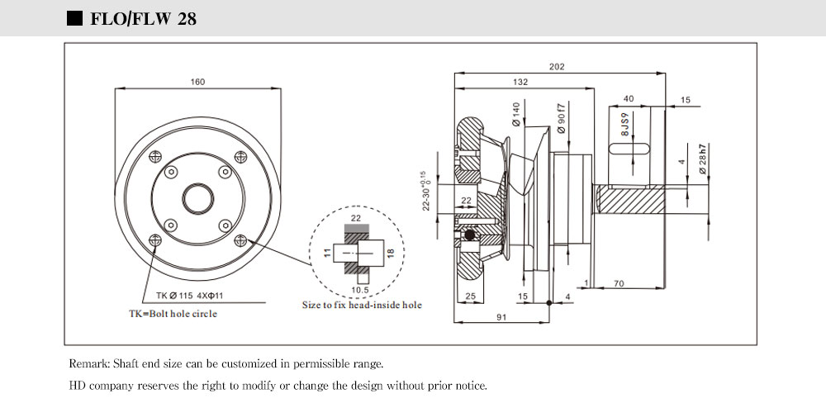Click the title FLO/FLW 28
[142, 18]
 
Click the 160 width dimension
[197, 82]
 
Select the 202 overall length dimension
[557, 67]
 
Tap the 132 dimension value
[520, 83]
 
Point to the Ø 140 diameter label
[516, 113]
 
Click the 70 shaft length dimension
[619, 284]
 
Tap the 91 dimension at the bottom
[501, 315]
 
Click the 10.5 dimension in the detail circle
[358, 290]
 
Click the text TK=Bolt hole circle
[173, 314]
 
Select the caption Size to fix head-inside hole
[361, 305]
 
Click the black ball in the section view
[470, 236]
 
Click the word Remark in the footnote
[87, 363]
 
